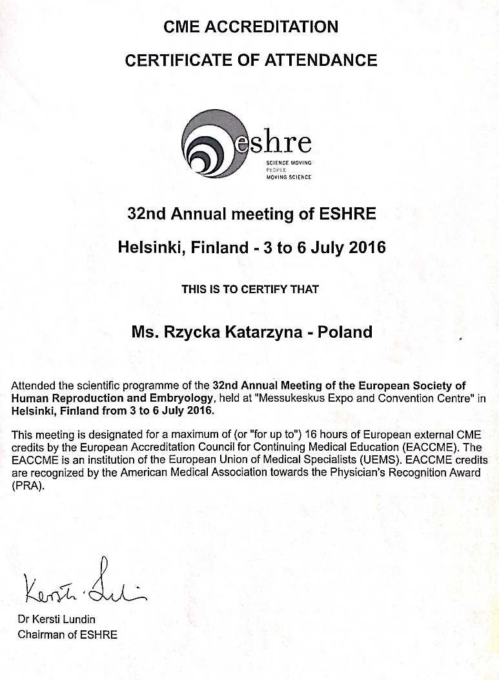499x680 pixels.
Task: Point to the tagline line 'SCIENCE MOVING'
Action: click(x=289, y=163)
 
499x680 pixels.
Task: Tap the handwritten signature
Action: click(x=85, y=585)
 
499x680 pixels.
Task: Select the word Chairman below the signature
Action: click(x=41, y=634)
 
